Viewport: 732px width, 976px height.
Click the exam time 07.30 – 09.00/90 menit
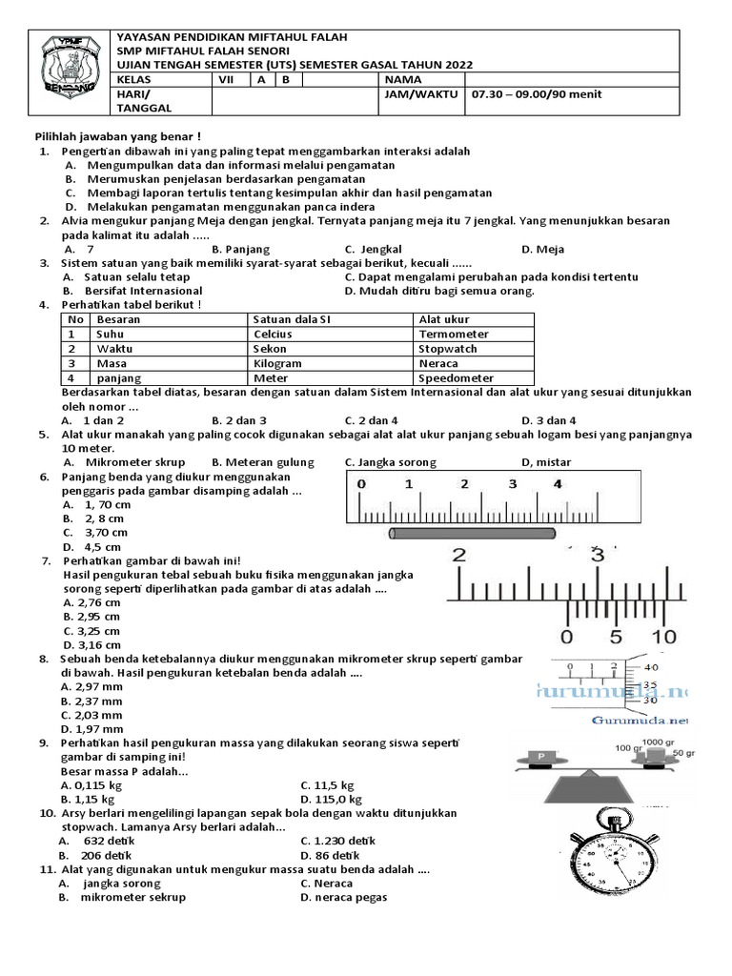pyautogui.click(x=534, y=95)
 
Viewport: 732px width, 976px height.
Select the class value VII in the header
pyautogui.click(x=226, y=80)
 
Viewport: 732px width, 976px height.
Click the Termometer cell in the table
pyautogui.click(x=454, y=335)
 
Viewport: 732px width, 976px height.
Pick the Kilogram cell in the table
pyautogui.click(x=277, y=363)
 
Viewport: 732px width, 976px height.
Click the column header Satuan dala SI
pyautogui.click(x=292, y=319)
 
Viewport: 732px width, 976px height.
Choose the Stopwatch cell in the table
pyautogui.click(x=447, y=349)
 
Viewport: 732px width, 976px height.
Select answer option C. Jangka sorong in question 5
pyautogui.click(x=390, y=462)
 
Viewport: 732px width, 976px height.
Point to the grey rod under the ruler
pyautogui.click(x=472, y=534)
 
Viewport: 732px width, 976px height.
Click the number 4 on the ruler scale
pyautogui.click(x=558, y=484)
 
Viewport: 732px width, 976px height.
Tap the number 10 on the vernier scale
pyautogui.click(x=663, y=636)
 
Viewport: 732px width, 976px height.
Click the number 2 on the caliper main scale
pyautogui.click(x=458, y=556)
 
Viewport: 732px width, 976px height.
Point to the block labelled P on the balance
pyautogui.click(x=540, y=757)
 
